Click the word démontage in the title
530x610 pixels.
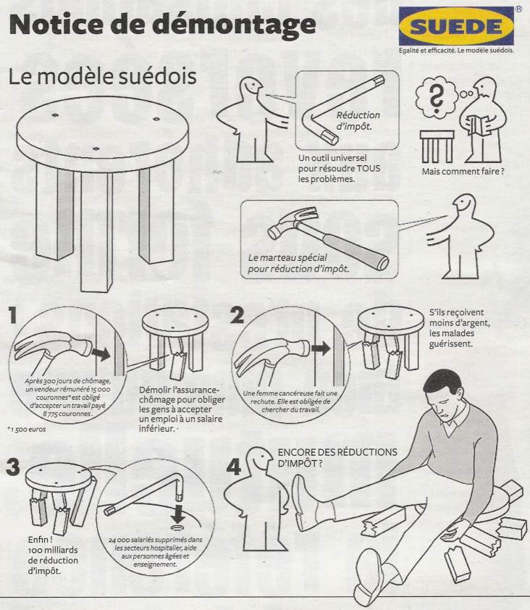234,25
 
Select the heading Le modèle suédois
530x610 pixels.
102,76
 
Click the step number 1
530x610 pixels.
12,315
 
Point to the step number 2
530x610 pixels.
237,315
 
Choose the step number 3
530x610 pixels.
13,467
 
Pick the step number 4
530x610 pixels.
233,467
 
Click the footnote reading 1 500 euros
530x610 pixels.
28,430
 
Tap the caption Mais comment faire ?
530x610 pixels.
463,171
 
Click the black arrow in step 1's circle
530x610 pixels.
101,354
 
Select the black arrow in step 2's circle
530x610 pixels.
321,348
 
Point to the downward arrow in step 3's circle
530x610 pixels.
179,514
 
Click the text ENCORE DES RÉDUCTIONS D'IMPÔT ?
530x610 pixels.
337,458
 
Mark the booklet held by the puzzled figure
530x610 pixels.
479,125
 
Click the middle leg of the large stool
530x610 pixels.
96,232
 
